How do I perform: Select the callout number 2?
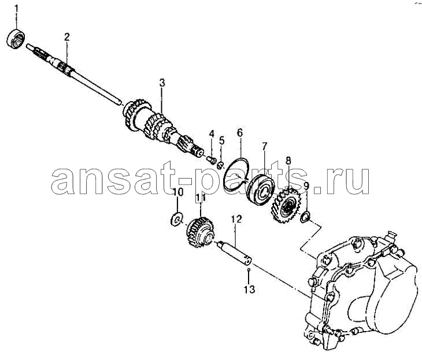click(66, 37)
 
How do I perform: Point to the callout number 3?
click(162, 83)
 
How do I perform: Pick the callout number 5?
click(221, 140)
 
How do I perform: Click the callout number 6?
click(240, 133)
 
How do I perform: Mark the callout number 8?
click(288, 161)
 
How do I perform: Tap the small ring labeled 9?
click(305, 217)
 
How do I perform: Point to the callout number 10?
click(178, 192)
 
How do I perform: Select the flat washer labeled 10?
click(177, 219)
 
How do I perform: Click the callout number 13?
click(250, 290)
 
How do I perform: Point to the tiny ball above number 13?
click(249, 269)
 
